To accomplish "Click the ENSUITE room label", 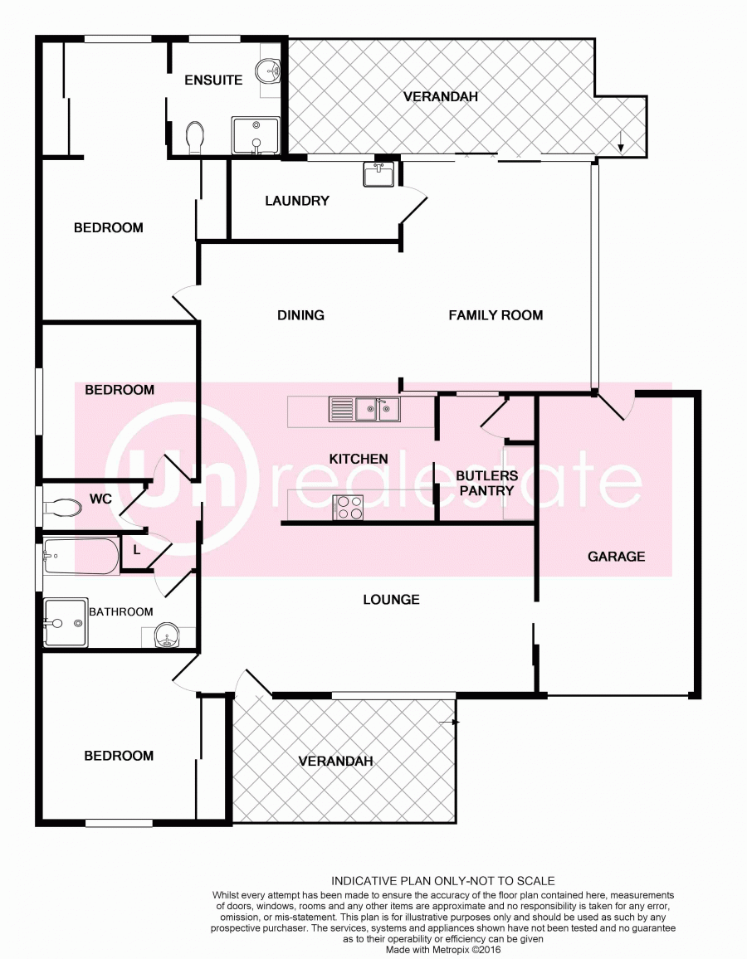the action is point(213,80).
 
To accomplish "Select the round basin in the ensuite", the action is point(270,71).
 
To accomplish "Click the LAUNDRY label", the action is point(296,201).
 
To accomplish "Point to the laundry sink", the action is point(378,173).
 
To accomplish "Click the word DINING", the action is point(300,315).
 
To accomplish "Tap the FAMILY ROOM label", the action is point(496,315).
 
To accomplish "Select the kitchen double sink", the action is point(364,409).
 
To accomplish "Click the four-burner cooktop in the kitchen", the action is point(348,508).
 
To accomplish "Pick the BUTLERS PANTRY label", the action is point(487,483).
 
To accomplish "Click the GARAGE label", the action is point(616,557).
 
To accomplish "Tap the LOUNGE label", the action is point(391,599).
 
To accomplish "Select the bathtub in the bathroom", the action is point(81,556).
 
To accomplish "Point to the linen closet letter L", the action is point(136,550).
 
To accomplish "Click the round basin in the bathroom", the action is point(167,635).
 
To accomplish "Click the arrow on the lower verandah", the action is point(450,723).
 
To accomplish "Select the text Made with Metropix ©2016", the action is point(443,950).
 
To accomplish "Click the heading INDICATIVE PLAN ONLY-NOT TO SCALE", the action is point(443,881).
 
